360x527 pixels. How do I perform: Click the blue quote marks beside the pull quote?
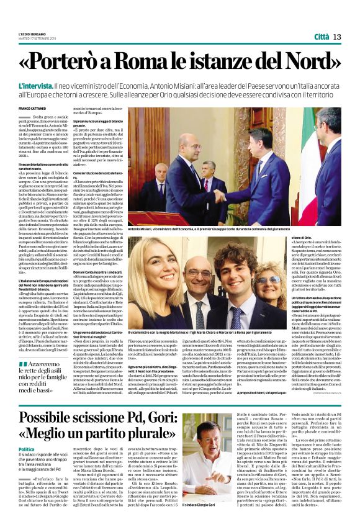click(x=23, y=364)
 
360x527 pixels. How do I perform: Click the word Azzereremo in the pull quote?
click(x=46, y=364)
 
